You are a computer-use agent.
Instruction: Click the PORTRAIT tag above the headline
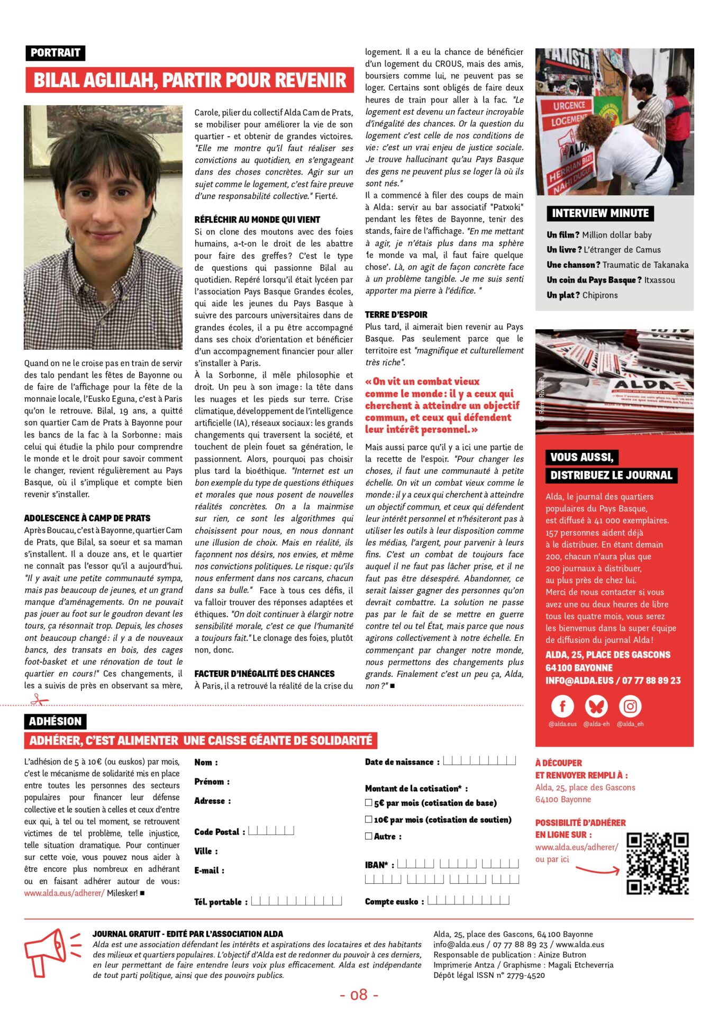pyautogui.click(x=55, y=53)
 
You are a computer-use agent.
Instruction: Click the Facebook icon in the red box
pyautogui.click(x=562, y=706)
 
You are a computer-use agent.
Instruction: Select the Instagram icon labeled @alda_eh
pyautogui.click(x=630, y=706)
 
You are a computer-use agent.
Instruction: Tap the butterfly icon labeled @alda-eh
pyautogui.click(x=596, y=706)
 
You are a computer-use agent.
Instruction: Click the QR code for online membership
pyautogui.click(x=657, y=864)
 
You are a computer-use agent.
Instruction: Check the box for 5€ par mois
pyautogui.click(x=369, y=803)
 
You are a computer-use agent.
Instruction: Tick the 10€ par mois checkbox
pyautogui.click(x=369, y=819)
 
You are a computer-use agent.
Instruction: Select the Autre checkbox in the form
pyautogui.click(x=369, y=836)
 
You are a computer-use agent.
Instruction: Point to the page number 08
pyautogui.click(x=359, y=995)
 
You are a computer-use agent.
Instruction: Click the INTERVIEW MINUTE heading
pyautogui.click(x=600, y=213)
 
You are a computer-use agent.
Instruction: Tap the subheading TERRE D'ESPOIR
pyautogui.click(x=396, y=314)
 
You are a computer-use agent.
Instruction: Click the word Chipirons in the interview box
pyautogui.click(x=600, y=295)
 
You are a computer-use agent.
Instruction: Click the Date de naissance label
pyautogui.click(x=402, y=762)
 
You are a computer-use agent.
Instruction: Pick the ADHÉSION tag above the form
pyautogui.click(x=55, y=721)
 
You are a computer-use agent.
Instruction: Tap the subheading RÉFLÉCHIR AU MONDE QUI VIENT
pyautogui.click(x=257, y=220)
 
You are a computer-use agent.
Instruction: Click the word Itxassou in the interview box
pyautogui.click(x=659, y=280)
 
